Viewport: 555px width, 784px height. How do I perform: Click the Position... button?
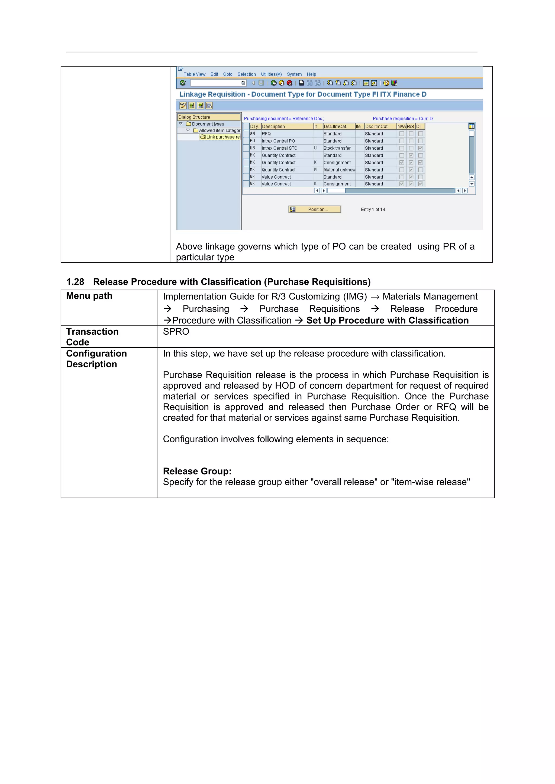pyautogui.click(x=315, y=209)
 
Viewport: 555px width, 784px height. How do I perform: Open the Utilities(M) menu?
pyautogui.click(x=271, y=74)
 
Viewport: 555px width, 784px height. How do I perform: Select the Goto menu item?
pyautogui.click(x=228, y=74)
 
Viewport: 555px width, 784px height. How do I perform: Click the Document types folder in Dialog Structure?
pyautogui.click(x=208, y=124)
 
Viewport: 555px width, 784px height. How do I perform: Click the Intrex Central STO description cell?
pyautogui.click(x=279, y=148)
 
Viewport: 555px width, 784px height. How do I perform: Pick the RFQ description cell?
pyautogui.click(x=266, y=134)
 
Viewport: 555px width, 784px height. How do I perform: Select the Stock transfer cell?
pyautogui.click(x=337, y=148)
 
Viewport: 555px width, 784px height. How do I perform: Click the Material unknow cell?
pyautogui.click(x=339, y=170)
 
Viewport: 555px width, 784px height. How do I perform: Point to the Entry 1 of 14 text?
pyautogui.click(x=373, y=210)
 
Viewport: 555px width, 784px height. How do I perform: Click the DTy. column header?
pyautogui.click(x=254, y=126)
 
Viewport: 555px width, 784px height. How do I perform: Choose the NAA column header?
pyautogui.click(x=401, y=126)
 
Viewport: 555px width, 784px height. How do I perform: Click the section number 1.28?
pyautogui.click(x=75, y=282)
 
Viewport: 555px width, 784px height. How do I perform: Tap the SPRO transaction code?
pyautogui.click(x=176, y=332)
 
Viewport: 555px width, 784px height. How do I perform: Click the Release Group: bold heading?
pyautogui.click(x=197, y=471)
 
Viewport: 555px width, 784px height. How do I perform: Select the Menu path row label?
pyautogui.click(x=89, y=296)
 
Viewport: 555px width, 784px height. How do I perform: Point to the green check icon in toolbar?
pyautogui.click(x=183, y=83)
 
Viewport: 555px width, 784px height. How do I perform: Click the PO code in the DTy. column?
pyautogui.click(x=252, y=141)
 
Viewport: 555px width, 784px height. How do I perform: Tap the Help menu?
pyautogui.click(x=311, y=74)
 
